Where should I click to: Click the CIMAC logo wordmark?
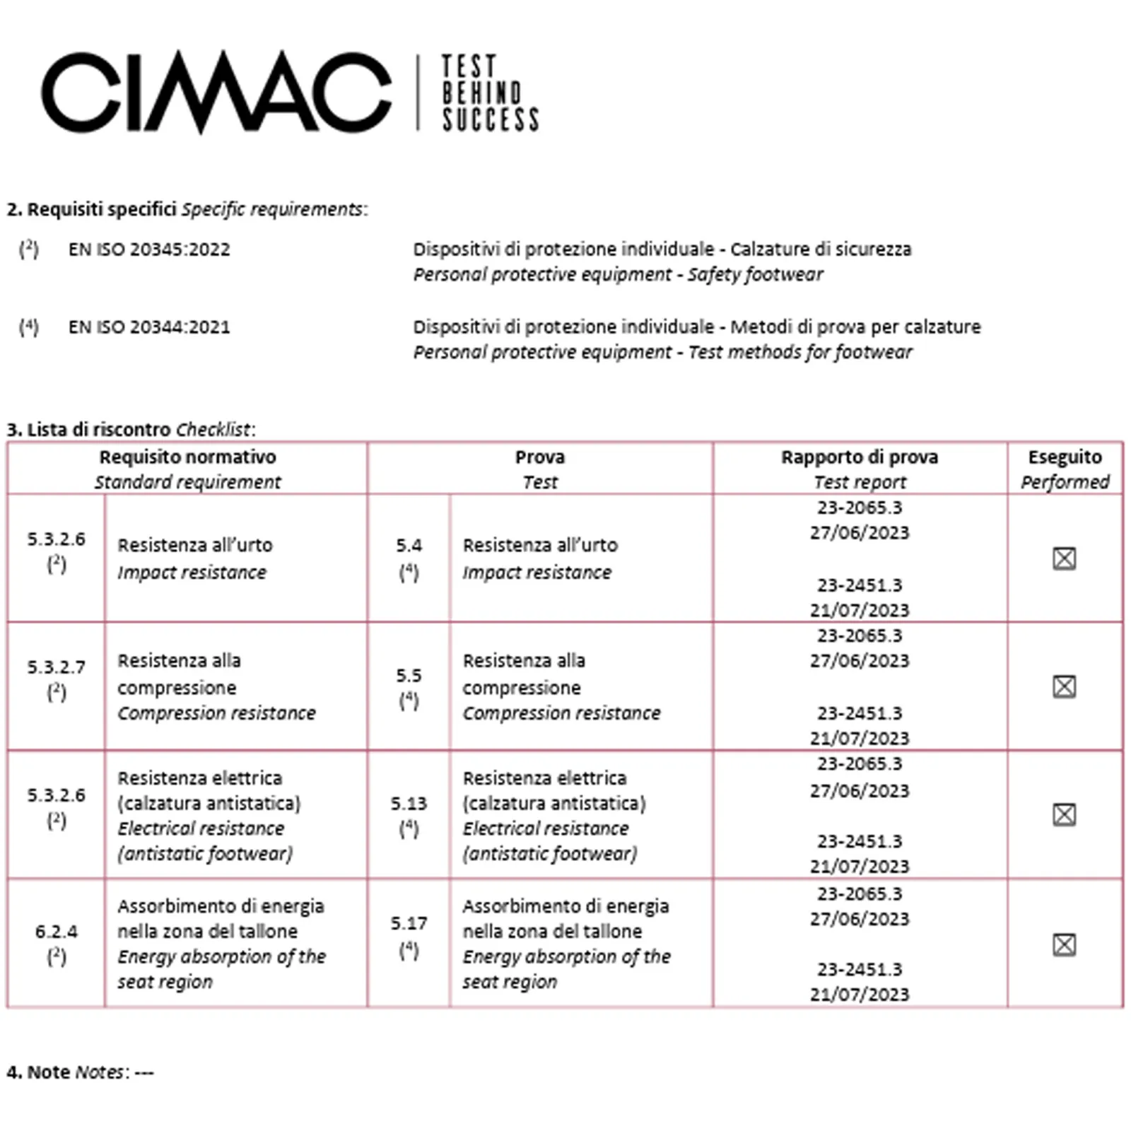click(216, 92)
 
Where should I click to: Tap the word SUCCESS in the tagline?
click(491, 120)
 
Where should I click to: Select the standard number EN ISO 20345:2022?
click(149, 250)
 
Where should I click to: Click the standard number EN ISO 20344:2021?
click(149, 327)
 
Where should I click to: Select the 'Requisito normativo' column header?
click(187, 457)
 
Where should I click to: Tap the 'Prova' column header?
click(540, 457)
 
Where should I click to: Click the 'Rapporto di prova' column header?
click(860, 457)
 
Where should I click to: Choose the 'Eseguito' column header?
click(1065, 457)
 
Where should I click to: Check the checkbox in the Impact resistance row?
click(1064, 558)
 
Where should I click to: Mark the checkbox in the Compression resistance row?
click(1064, 686)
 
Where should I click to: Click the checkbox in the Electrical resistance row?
click(1064, 814)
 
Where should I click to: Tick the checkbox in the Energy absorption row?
click(1064, 944)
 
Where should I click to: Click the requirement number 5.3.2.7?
click(57, 667)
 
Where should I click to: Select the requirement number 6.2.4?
click(57, 932)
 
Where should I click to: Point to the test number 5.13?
click(409, 804)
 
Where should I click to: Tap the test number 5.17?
click(409, 923)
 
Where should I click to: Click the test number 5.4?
click(409, 546)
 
